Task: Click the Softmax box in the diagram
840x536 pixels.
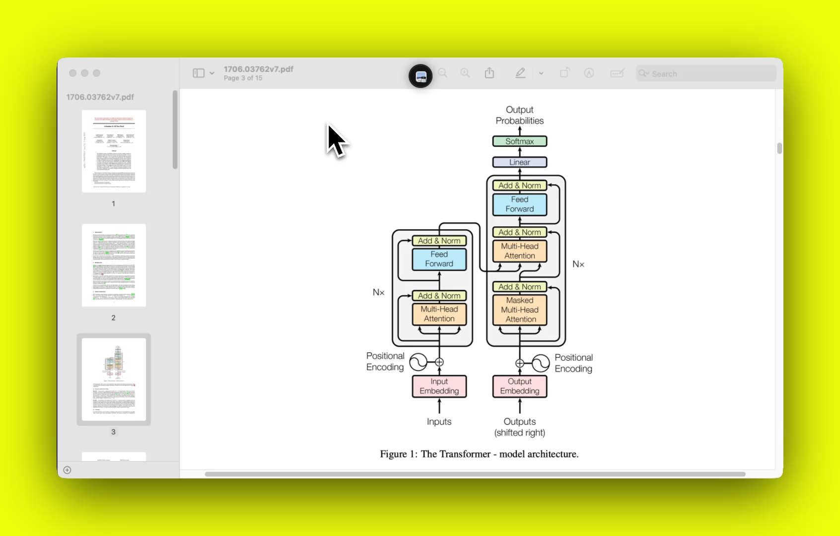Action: [519, 141]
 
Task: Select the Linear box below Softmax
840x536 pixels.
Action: [519, 162]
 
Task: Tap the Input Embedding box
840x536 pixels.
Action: [439, 386]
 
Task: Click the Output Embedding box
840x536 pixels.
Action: [519, 386]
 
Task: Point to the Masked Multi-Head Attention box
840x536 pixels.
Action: [519, 310]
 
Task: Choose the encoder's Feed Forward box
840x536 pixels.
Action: [439, 259]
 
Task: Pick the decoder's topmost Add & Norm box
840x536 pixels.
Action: [519, 186]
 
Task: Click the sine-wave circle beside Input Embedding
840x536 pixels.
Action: [418, 362]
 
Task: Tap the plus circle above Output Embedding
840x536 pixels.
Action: [519, 363]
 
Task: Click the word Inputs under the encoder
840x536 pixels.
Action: [439, 422]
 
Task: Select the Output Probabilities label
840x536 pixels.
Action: [519, 115]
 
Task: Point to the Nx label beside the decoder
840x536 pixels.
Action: [578, 264]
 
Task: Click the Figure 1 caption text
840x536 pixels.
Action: [479, 454]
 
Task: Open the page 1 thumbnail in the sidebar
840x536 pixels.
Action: [114, 151]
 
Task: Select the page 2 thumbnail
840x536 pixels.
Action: [114, 265]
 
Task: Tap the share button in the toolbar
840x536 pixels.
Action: [490, 73]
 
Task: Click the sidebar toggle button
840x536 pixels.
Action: [199, 73]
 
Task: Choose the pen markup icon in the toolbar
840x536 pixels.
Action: [520, 73]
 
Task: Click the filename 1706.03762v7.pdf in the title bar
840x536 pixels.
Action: [258, 69]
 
